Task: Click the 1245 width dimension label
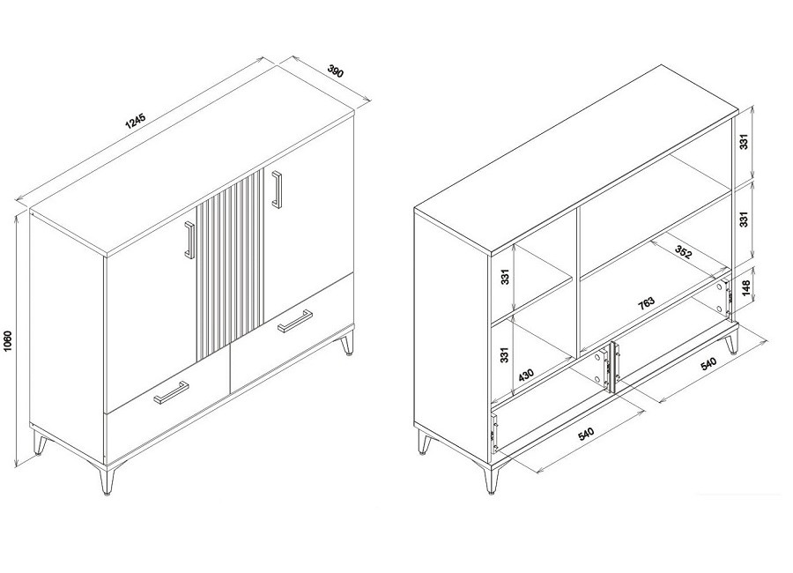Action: coord(135,122)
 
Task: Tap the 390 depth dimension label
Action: coord(336,71)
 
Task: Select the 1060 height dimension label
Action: coord(7,341)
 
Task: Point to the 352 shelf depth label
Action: coord(683,252)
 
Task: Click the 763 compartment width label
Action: coord(646,302)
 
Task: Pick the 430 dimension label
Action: coord(526,375)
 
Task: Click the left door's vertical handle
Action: coord(189,240)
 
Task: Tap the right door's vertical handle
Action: coord(277,189)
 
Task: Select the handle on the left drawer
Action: coord(172,392)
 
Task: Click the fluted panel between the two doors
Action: coord(230,264)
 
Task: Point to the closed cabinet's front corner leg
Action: coord(107,479)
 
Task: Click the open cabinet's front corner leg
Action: coord(490,478)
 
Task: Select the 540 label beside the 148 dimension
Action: coord(708,363)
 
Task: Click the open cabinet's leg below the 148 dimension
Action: coord(732,342)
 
